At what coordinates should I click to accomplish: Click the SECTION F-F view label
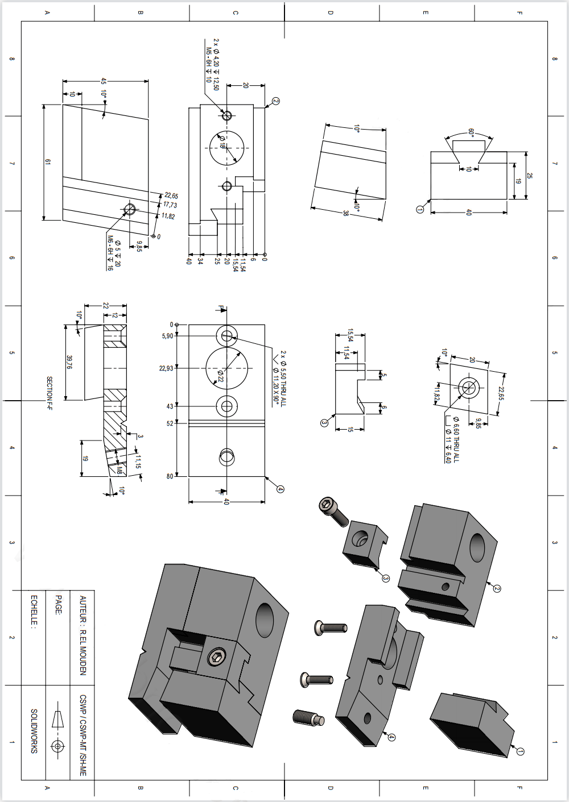coord(50,393)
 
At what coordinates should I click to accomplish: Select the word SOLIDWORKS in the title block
coord(34,731)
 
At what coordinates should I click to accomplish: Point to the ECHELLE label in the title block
coord(34,611)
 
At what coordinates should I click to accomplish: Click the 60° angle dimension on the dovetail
coord(471,132)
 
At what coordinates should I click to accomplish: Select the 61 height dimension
coord(48,163)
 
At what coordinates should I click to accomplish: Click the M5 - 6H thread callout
coord(208,66)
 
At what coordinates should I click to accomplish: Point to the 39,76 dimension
coord(69,362)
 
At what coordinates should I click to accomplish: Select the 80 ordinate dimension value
coord(170,476)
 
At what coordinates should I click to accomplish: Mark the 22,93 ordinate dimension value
coord(166,368)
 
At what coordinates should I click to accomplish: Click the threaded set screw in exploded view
coord(308,717)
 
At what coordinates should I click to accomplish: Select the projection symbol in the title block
coord(57,731)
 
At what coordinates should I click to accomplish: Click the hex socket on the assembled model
coord(216,658)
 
